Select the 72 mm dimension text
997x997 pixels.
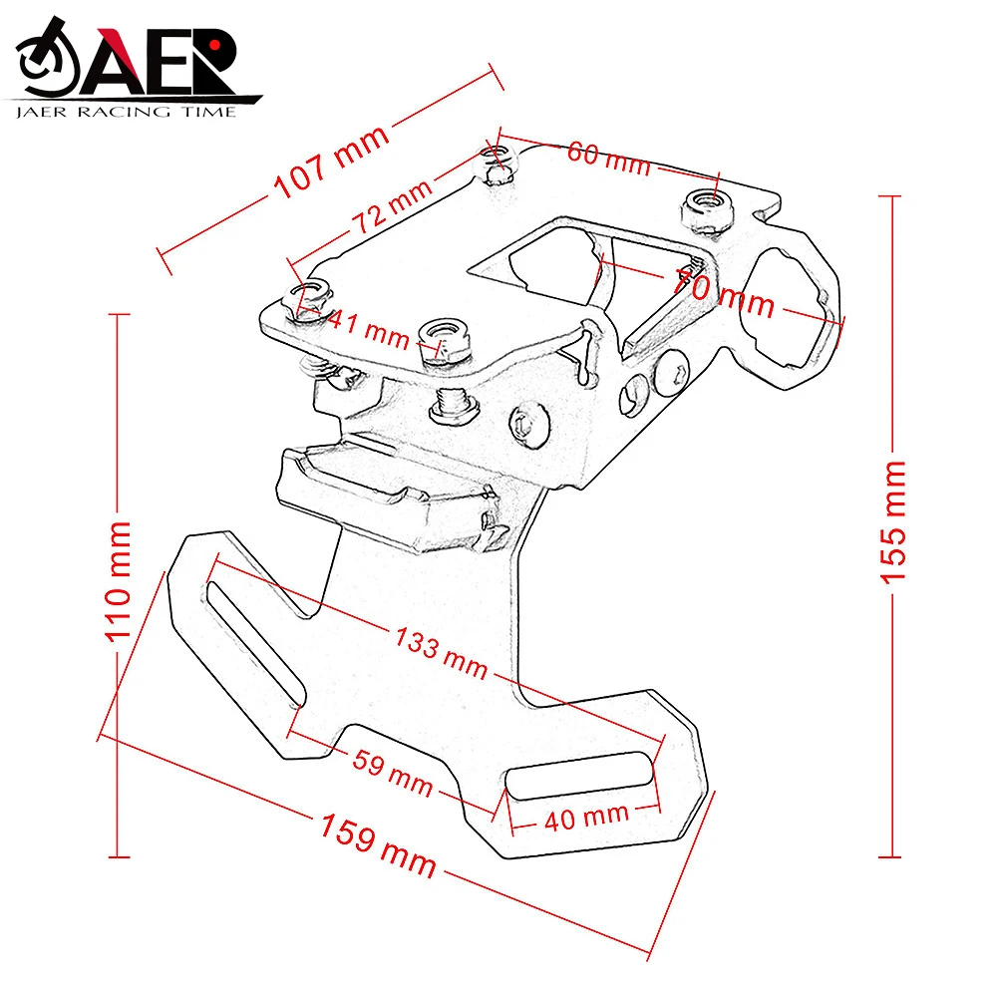(390, 210)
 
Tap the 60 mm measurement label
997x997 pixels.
(608, 159)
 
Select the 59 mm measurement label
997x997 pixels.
(393, 774)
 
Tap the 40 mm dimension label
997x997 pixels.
(586, 818)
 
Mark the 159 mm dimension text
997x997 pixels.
(378, 845)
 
